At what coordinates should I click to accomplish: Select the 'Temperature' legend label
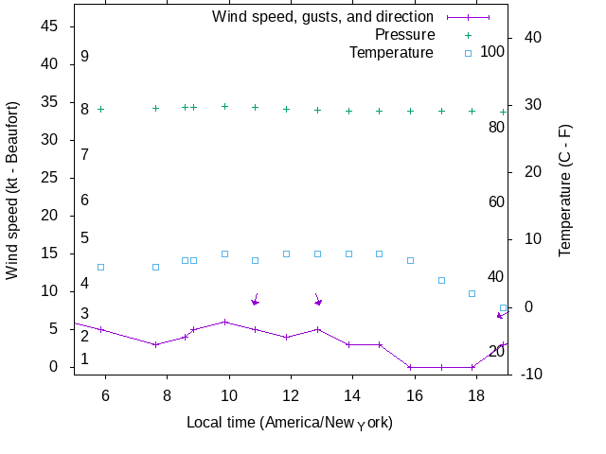[391, 52]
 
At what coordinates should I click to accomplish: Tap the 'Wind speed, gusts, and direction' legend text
[322, 16]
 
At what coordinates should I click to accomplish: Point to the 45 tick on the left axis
[49, 26]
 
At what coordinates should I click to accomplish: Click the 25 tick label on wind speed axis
[49, 178]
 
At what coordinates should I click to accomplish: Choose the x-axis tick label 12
[291, 394]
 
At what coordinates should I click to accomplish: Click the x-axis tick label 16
[414, 394]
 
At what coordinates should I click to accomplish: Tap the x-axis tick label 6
[105, 394]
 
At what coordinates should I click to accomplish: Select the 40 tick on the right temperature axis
[532, 37]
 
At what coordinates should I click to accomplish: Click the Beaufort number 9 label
[84, 57]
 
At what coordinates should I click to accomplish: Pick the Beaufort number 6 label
[84, 201]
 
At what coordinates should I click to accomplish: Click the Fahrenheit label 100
[492, 51]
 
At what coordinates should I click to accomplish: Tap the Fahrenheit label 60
[496, 201]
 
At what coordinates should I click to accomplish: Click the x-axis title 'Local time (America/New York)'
[290, 422]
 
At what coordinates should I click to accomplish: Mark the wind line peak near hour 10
[224, 322]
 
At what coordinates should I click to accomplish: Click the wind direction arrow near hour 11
[256, 300]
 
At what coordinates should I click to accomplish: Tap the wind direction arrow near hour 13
[318, 300]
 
